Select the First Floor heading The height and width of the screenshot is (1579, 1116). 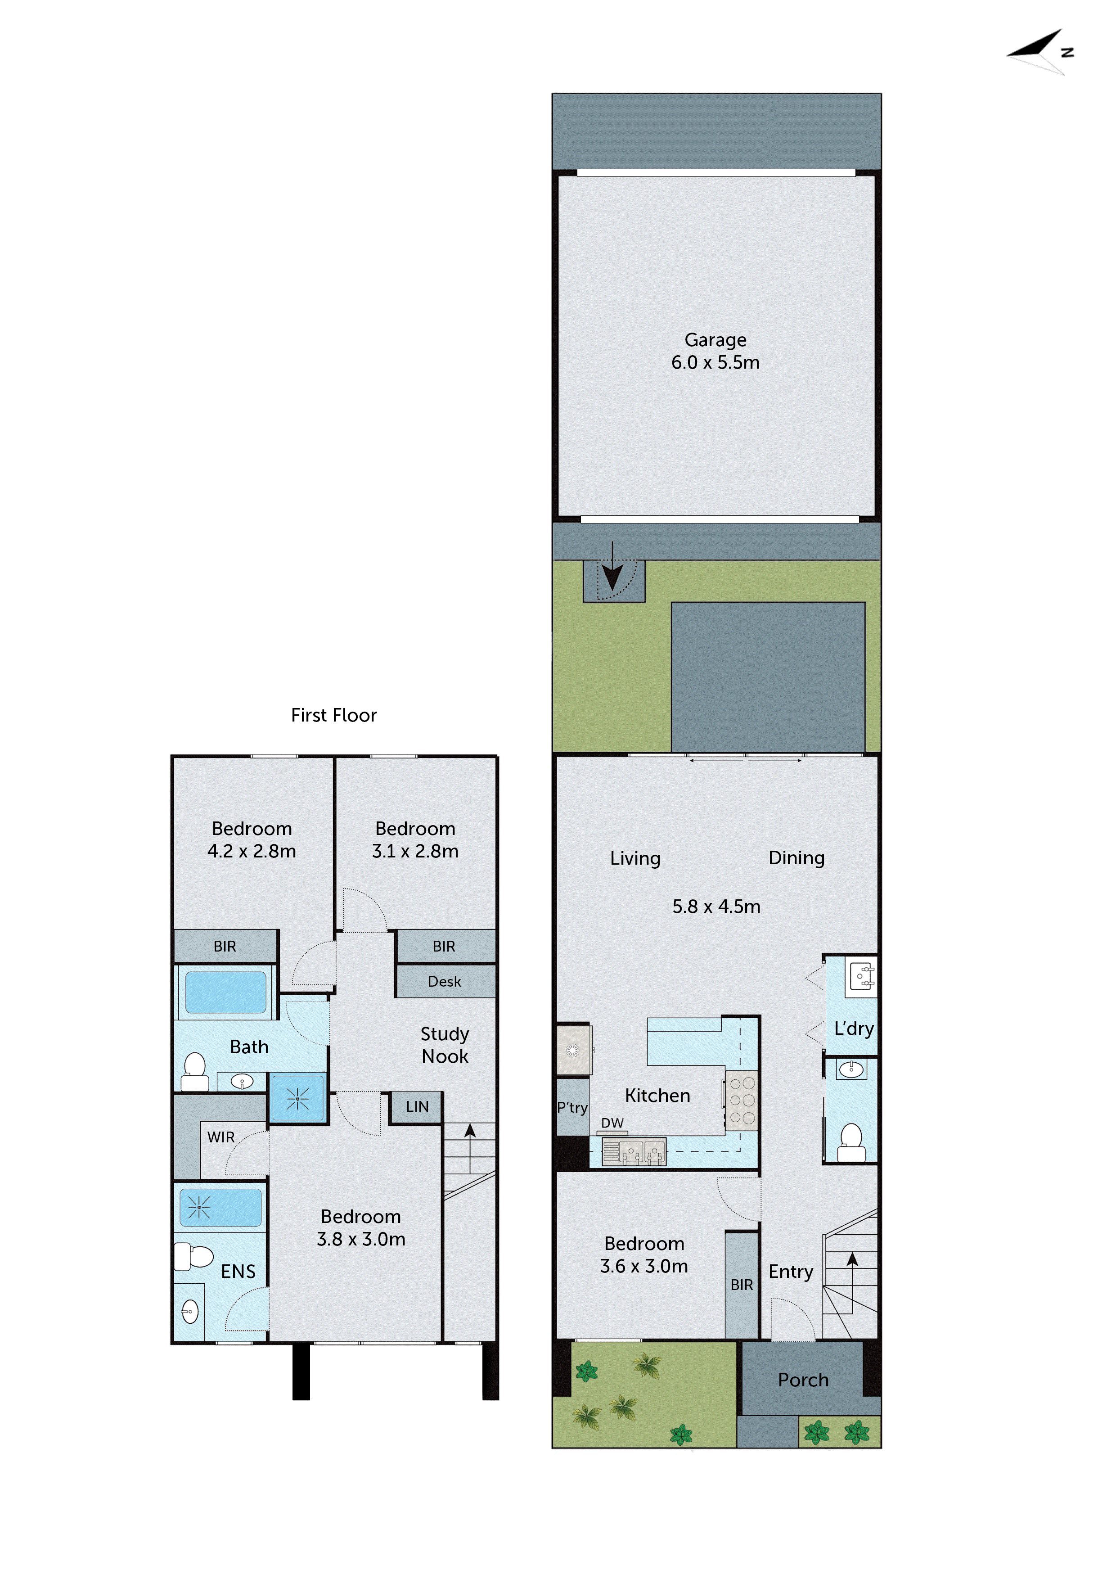click(x=333, y=715)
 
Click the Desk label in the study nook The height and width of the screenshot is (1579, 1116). click(x=444, y=981)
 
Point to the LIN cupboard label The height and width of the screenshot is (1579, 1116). click(x=417, y=1106)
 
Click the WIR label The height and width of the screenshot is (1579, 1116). click(x=220, y=1137)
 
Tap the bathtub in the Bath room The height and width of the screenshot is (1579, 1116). click(x=225, y=992)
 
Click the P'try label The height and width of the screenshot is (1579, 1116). click(x=572, y=1108)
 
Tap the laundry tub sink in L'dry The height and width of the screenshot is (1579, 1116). click(x=862, y=976)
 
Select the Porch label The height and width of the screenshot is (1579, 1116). click(x=803, y=1380)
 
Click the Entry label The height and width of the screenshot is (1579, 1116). click(x=791, y=1272)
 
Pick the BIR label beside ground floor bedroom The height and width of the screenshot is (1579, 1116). click(x=741, y=1285)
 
